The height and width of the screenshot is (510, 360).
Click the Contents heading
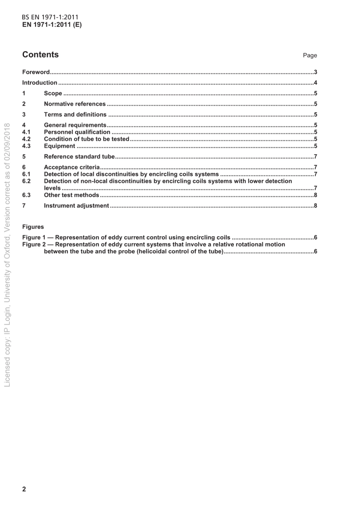pyautogui.click(x=41, y=55)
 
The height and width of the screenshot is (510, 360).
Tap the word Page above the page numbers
pyautogui.click(x=310, y=55)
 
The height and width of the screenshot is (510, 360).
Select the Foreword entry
pyautogui.click(x=36, y=72)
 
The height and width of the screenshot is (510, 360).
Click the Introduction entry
pyautogui.click(x=40, y=83)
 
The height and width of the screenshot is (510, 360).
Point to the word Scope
pyautogui.click(x=53, y=93)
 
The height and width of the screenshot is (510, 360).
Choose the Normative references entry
pyautogui.click(x=75, y=104)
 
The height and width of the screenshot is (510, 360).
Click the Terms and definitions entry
pyautogui.click(x=75, y=115)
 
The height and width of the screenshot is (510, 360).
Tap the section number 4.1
pyautogui.click(x=26, y=132)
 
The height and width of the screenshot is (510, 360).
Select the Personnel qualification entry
pyautogui.click(x=77, y=132)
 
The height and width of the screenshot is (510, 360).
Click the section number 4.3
pyautogui.click(x=26, y=146)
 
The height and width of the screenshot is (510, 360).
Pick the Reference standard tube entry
pyautogui.click(x=79, y=157)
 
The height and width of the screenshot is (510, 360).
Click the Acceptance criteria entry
pyautogui.click(x=72, y=167)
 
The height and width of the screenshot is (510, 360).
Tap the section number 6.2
pyautogui.click(x=26, y=181)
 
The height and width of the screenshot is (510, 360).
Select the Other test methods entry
pyautogui.click(x=71, y=195)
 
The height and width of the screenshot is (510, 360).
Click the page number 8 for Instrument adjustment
pyautogui.click(x=315, y=206)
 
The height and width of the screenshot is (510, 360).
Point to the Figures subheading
pyautogui.click(x=33, y=227)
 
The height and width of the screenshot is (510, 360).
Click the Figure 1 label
pyautogui.click(x=34, y=238)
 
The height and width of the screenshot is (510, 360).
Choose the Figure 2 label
pyautogui.click(x=34, y=245)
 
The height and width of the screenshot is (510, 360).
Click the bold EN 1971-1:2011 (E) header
pyautogui.click(x=52, y=25)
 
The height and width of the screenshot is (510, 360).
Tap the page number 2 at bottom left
pyautogui.click(x=24, y=489)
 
